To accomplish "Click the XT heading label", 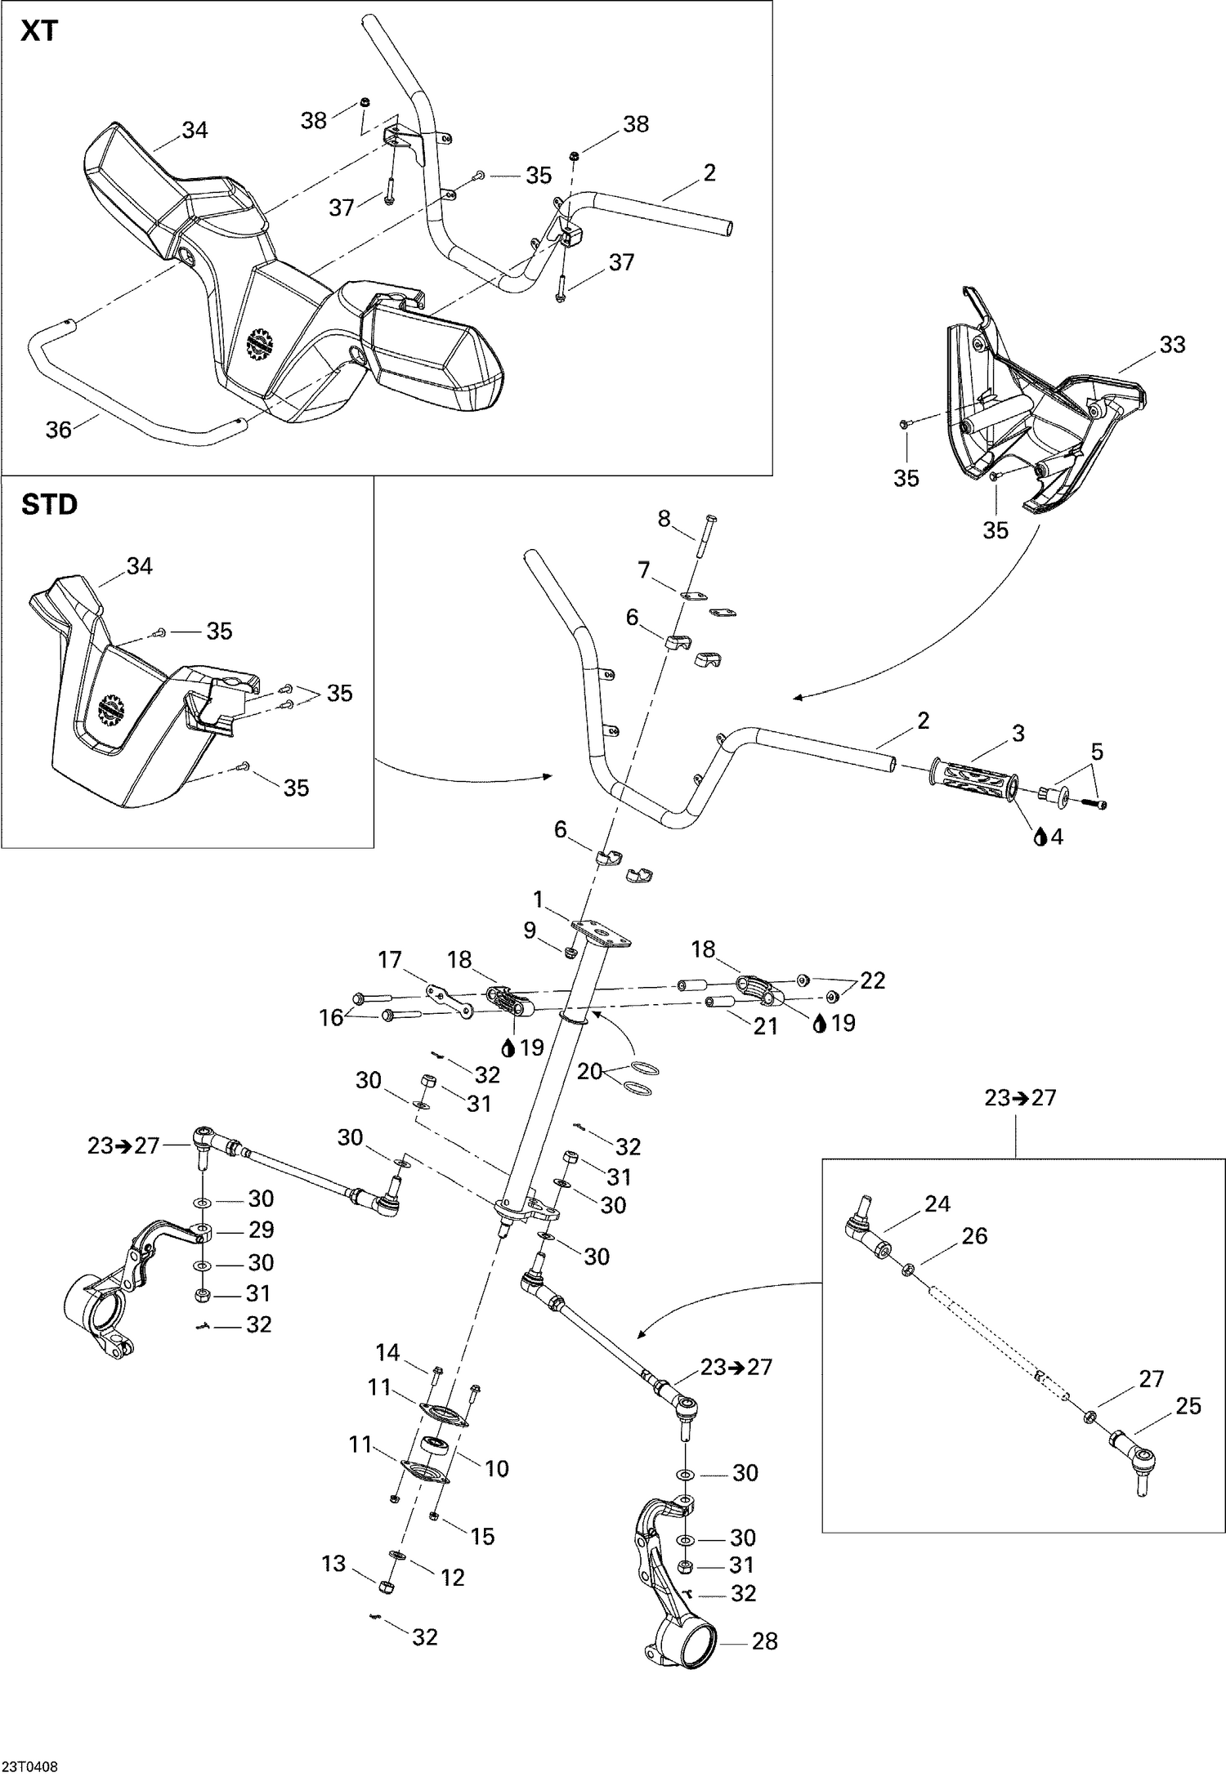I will point(40,32).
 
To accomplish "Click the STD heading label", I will point(49,505).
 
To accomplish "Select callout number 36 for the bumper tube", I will point(58,429).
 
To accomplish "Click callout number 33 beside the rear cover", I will point(1172,345).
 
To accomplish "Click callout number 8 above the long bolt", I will point(664,518).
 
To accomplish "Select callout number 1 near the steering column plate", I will point(538,900).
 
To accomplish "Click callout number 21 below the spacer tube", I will point(765,1025).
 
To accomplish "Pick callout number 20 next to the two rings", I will point(589,1071).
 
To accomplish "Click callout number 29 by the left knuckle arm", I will point(261,1230).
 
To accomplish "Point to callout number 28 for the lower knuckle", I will point(765,1641).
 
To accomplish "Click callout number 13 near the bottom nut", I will point(333,1563).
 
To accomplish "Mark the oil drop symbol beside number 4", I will point(1040,837).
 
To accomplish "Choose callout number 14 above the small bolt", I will point(387,1353).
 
